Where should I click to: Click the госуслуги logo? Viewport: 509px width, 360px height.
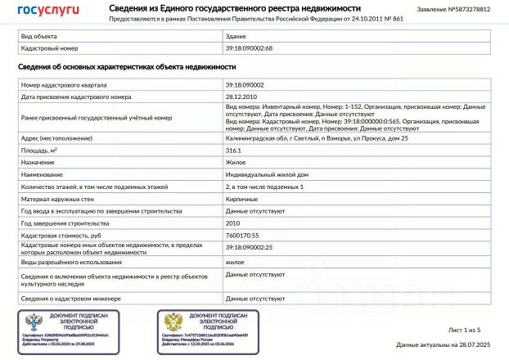tap(48, 10)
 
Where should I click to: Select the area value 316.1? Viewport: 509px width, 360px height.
tap(234, 151)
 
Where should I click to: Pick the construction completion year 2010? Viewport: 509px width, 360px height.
tap(233, 223)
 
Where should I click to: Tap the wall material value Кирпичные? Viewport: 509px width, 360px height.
tap(241, 199)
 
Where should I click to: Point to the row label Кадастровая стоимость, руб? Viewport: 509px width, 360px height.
tap(63, 235)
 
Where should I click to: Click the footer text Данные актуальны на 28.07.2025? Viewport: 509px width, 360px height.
tap(443, 346)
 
